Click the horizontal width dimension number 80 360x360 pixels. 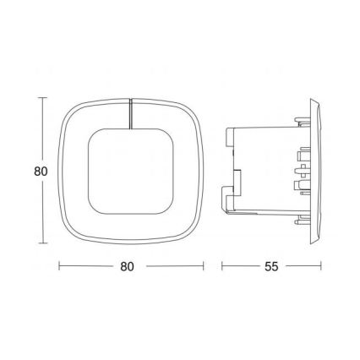[128, 267]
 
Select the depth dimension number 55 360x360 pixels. [271, 267]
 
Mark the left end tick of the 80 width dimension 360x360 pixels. [57, 266]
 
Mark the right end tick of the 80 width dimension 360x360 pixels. [204, 266]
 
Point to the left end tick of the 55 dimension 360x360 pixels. [222, 266]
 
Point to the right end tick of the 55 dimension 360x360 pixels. [321, 266]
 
